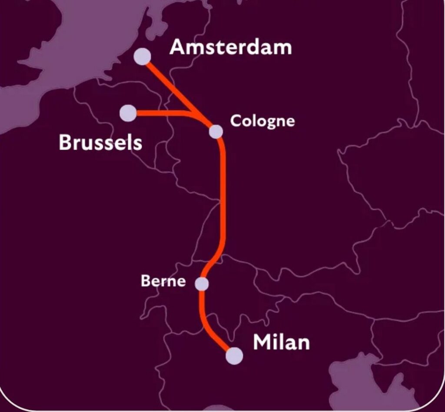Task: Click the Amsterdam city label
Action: click(230, 47)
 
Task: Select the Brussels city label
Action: click(100, 142)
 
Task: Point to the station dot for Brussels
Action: click(128, 113)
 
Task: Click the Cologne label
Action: click(262, 121)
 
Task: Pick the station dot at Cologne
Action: click(216, 131)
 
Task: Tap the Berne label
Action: click(163, 281)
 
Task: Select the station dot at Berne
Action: click(202, 284)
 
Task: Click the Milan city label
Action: click(281, 342)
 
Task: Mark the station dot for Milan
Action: click(234, 356)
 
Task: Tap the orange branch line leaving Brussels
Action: click(161, 113)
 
